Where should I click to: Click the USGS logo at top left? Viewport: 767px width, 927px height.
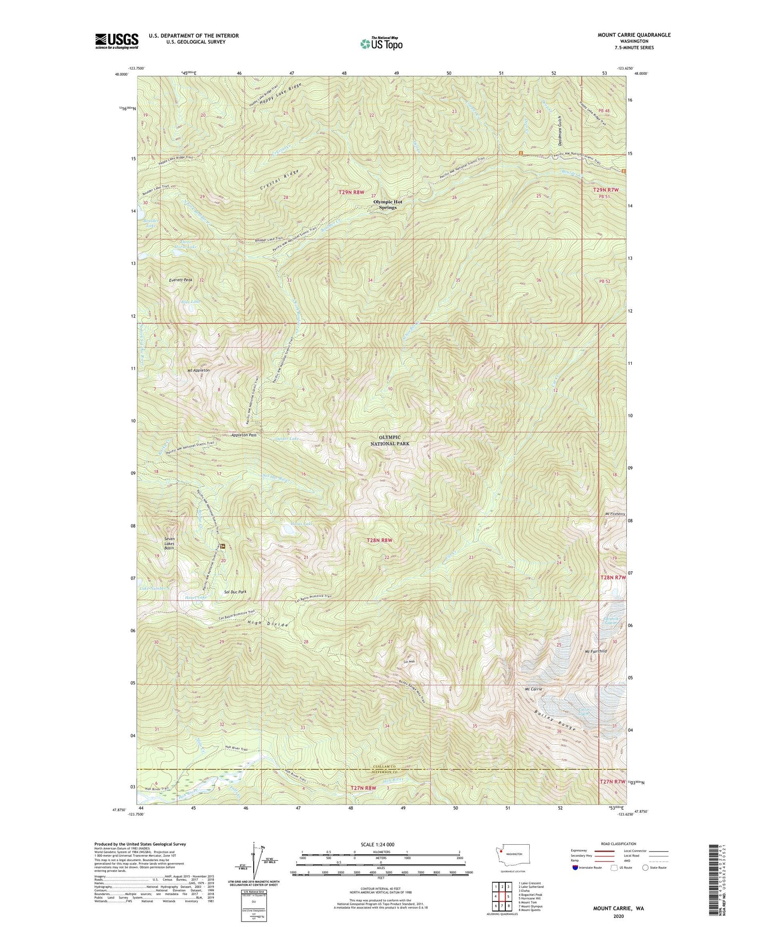point(117,41)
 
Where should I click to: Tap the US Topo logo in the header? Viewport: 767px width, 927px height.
point(381,44)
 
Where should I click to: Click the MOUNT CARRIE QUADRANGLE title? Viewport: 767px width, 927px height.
point(626,35)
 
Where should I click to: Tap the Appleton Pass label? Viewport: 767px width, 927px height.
point(244,435)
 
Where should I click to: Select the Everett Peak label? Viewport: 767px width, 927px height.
point(180,280)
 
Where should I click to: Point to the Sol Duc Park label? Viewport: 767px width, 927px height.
point(235,591)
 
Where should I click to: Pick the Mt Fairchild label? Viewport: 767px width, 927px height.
point(595,651)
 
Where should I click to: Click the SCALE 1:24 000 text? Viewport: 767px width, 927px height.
point(381,845)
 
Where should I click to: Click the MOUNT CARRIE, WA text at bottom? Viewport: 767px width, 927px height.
point(618,908)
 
